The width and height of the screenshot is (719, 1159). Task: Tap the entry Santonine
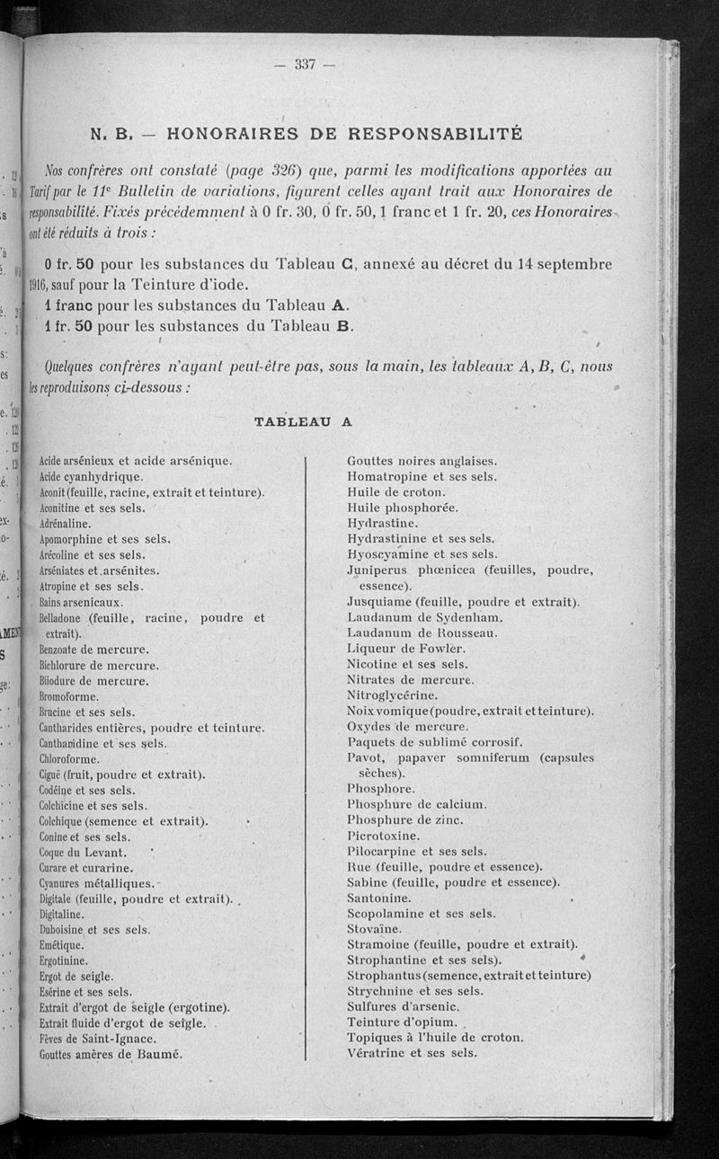click(380, 898)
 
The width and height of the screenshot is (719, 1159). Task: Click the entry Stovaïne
click(375, 929)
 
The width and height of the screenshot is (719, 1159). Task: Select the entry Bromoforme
click(74, 695)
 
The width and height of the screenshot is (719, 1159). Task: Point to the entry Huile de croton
click(395, 492)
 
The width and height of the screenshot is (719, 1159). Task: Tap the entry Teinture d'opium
click(401, 1022)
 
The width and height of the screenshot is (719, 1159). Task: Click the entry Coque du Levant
click(84, 852)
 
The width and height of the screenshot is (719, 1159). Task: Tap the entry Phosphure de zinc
click(404, 819)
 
